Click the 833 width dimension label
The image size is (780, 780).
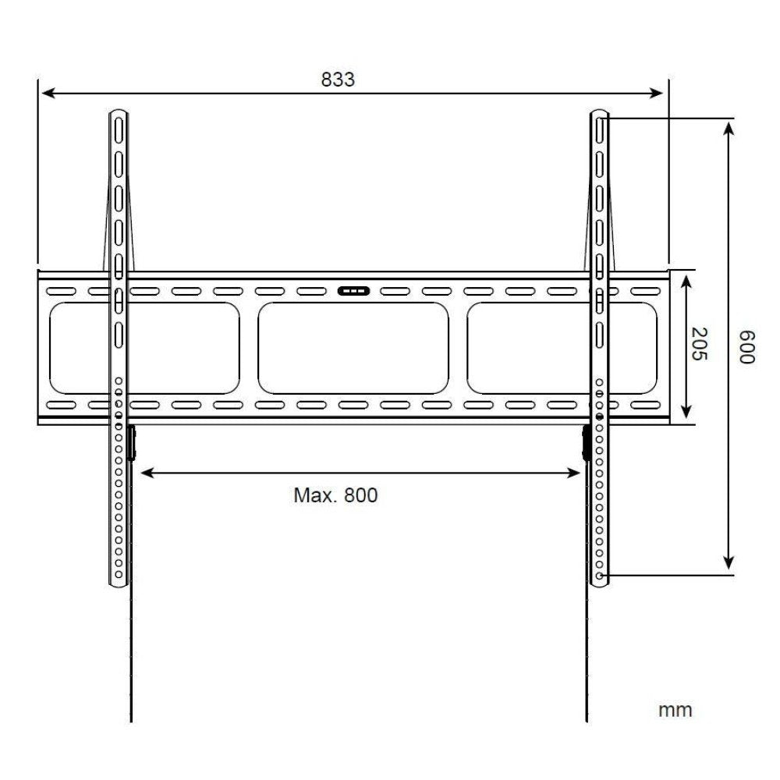338,80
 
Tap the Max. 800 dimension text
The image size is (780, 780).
335,495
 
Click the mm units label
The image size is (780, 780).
675,710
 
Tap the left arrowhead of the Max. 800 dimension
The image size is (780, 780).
144,472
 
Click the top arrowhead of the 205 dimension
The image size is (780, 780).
686,278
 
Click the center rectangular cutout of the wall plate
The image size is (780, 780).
353,348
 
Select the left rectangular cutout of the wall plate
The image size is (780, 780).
144,348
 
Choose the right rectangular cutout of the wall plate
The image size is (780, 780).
562,348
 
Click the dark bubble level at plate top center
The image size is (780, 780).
353,291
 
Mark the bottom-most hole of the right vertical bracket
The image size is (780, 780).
598,576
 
